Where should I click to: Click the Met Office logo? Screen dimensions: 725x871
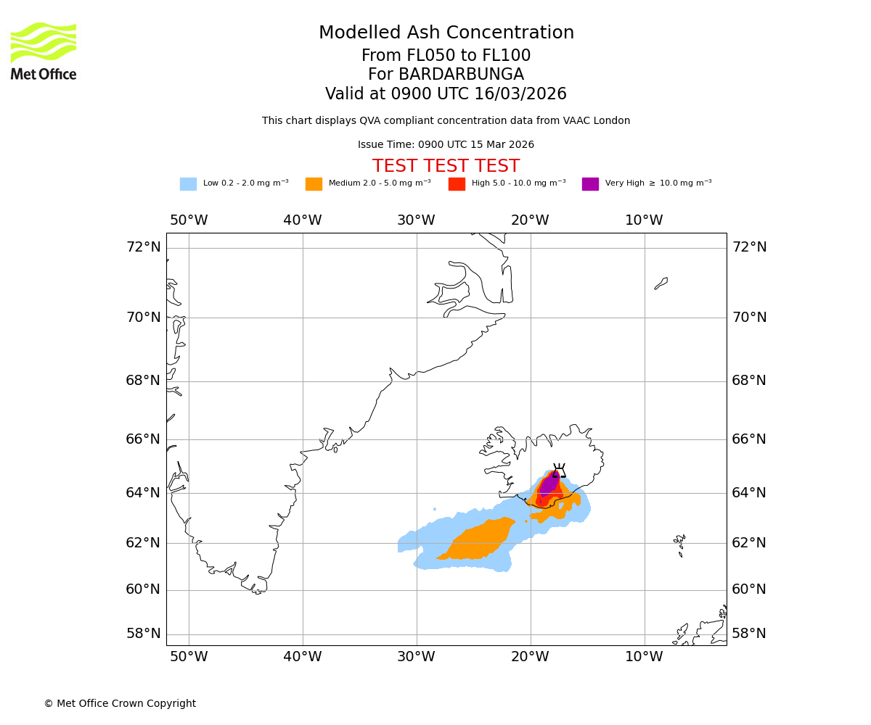44,51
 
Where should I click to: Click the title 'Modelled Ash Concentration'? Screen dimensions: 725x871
446,33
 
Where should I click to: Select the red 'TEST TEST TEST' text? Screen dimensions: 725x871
446,166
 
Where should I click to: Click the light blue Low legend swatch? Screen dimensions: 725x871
188,183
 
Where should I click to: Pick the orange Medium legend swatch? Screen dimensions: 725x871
314,183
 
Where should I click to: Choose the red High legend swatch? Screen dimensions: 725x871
457,183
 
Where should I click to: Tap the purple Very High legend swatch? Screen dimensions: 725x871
590,183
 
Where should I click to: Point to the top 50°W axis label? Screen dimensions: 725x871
189,220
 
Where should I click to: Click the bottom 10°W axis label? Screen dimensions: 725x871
644,657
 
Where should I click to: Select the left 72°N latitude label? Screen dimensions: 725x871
143,247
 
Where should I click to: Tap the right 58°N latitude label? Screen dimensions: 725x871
748,634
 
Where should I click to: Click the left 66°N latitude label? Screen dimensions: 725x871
143,439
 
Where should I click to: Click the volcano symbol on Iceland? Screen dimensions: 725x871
559,471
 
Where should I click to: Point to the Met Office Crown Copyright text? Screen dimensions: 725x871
120,703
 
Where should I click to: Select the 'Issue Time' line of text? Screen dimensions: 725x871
446,145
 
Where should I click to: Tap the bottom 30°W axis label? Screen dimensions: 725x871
416,657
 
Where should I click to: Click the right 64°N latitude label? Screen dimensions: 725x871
748,493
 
